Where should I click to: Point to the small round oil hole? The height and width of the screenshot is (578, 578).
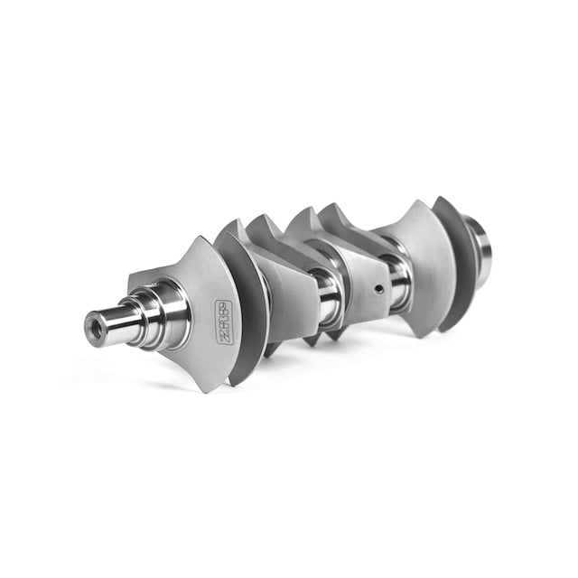pos(379,290)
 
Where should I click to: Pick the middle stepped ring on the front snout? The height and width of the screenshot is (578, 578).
pos(140,313)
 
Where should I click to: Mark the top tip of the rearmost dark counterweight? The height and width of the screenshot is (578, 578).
pos(441,198)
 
